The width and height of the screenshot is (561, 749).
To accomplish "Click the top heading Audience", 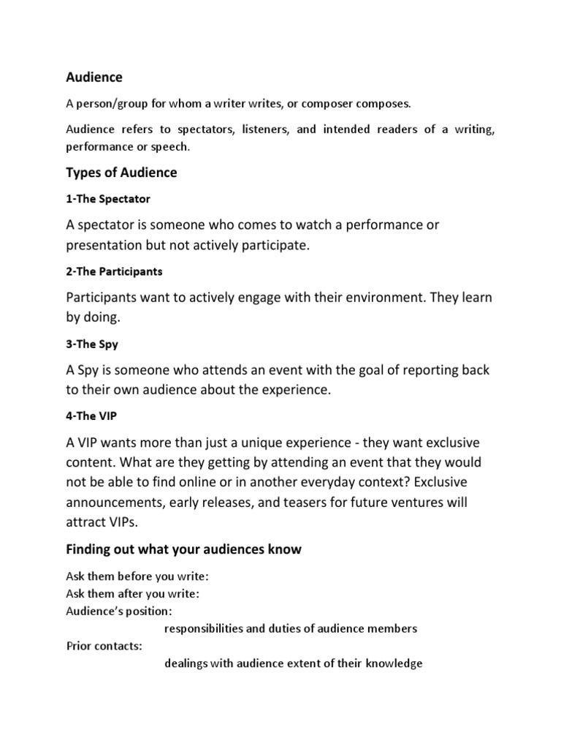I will coord(94,77).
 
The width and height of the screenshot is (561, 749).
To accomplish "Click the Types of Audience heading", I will coord(121,173).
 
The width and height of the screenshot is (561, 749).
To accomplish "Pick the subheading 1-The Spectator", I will coord(108,198).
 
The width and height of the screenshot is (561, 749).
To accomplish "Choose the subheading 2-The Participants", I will coord(114,271).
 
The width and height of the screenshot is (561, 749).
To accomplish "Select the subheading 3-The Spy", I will coord(90,344).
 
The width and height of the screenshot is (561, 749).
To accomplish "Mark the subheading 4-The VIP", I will coord(91,416).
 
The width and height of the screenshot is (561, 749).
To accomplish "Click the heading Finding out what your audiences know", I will coord(183,549).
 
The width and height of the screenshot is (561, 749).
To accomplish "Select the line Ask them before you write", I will coord(137,576).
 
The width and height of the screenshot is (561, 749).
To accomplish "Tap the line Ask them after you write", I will coord(133,593).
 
